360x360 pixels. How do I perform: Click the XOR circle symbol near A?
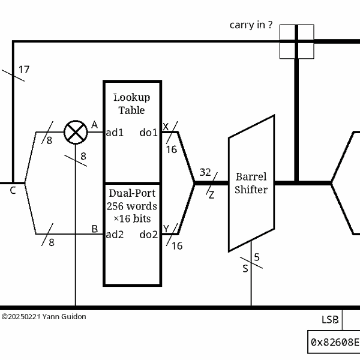point(75,132)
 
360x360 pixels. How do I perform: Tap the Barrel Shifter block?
point(251,183)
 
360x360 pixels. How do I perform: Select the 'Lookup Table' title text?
point(132,104)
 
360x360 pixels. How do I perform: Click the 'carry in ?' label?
point(251,25)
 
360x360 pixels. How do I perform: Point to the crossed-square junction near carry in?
point(296,41)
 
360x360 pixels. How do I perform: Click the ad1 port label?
point(115,132)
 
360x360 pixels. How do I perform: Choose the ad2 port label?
point(115,235)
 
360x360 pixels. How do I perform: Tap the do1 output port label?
point(148,132)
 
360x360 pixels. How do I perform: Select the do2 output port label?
point(148,235)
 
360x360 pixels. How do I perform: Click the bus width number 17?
point(23,70)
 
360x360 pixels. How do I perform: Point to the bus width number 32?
point(205,173)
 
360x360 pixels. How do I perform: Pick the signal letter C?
point(13,191)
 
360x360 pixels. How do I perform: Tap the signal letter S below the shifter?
point(245,268)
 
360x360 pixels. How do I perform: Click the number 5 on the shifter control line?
point(257,257)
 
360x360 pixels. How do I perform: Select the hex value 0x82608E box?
point(334,343)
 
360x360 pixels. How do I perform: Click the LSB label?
point(331,319)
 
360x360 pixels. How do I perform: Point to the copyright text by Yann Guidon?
point(44,316)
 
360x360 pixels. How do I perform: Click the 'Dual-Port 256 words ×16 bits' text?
point(132,206)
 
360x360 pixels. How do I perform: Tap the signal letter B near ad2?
point(94,229)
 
